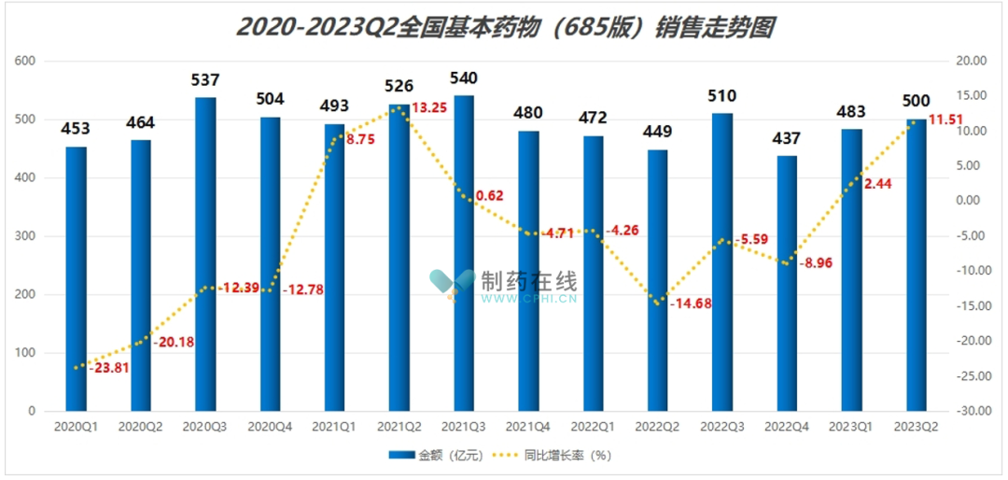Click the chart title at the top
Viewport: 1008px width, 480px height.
click(505, 27)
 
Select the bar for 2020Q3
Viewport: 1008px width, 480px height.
click(205, 254)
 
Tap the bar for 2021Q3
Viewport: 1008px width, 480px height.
click(464, 253)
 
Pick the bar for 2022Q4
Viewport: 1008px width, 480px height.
click(787, 283)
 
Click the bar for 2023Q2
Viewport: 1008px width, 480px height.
click(917, 265)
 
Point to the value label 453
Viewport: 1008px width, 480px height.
click(76, 129)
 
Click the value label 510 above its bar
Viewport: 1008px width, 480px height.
click(722, 95)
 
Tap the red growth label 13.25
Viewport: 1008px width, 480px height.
click(428, 107)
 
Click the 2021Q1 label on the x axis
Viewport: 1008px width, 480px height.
click(334, 426)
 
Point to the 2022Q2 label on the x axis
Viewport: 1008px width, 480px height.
click(658, 426)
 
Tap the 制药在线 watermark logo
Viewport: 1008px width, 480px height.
click(503, 287)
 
